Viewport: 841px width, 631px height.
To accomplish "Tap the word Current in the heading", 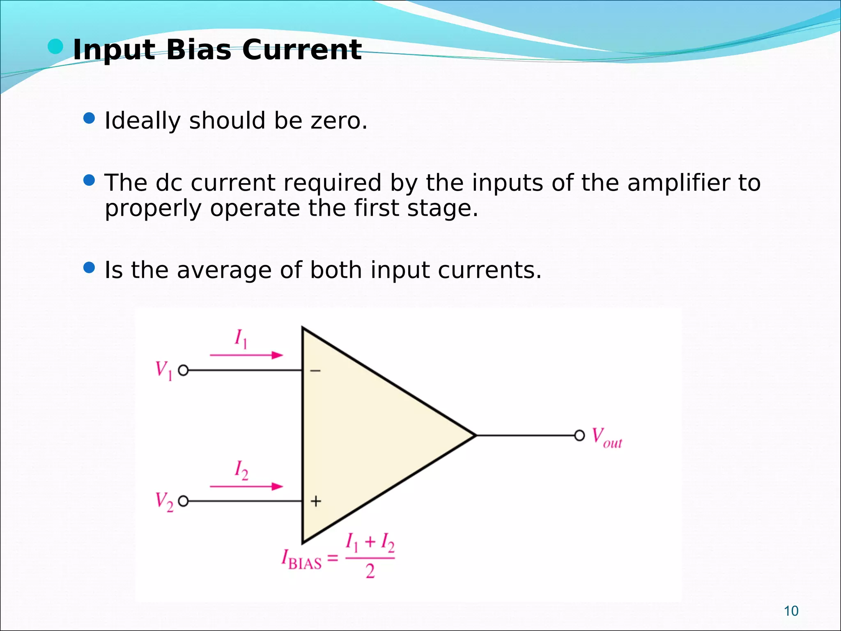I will [302, 50].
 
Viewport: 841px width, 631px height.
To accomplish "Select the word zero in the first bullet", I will [338, 121].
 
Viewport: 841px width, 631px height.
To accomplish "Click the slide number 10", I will [791, 611].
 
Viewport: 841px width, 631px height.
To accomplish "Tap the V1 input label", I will [164, 371].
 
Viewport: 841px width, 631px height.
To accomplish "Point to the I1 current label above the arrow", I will [241, 339].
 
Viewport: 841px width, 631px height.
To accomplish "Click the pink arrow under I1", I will [246, 355].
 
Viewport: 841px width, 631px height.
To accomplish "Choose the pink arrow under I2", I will [246, 486].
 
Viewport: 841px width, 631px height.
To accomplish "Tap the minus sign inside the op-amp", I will [315, 371].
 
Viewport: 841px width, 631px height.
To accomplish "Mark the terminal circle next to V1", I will [183, 371].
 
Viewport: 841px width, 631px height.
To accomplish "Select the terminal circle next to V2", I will [183, 501].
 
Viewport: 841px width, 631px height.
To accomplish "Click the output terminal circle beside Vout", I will [579, 435].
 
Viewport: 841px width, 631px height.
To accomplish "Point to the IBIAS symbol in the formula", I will [301, 560].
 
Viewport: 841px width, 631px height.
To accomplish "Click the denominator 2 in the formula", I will [370, 571].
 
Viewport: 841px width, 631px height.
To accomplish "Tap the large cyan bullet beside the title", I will [55, 47].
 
